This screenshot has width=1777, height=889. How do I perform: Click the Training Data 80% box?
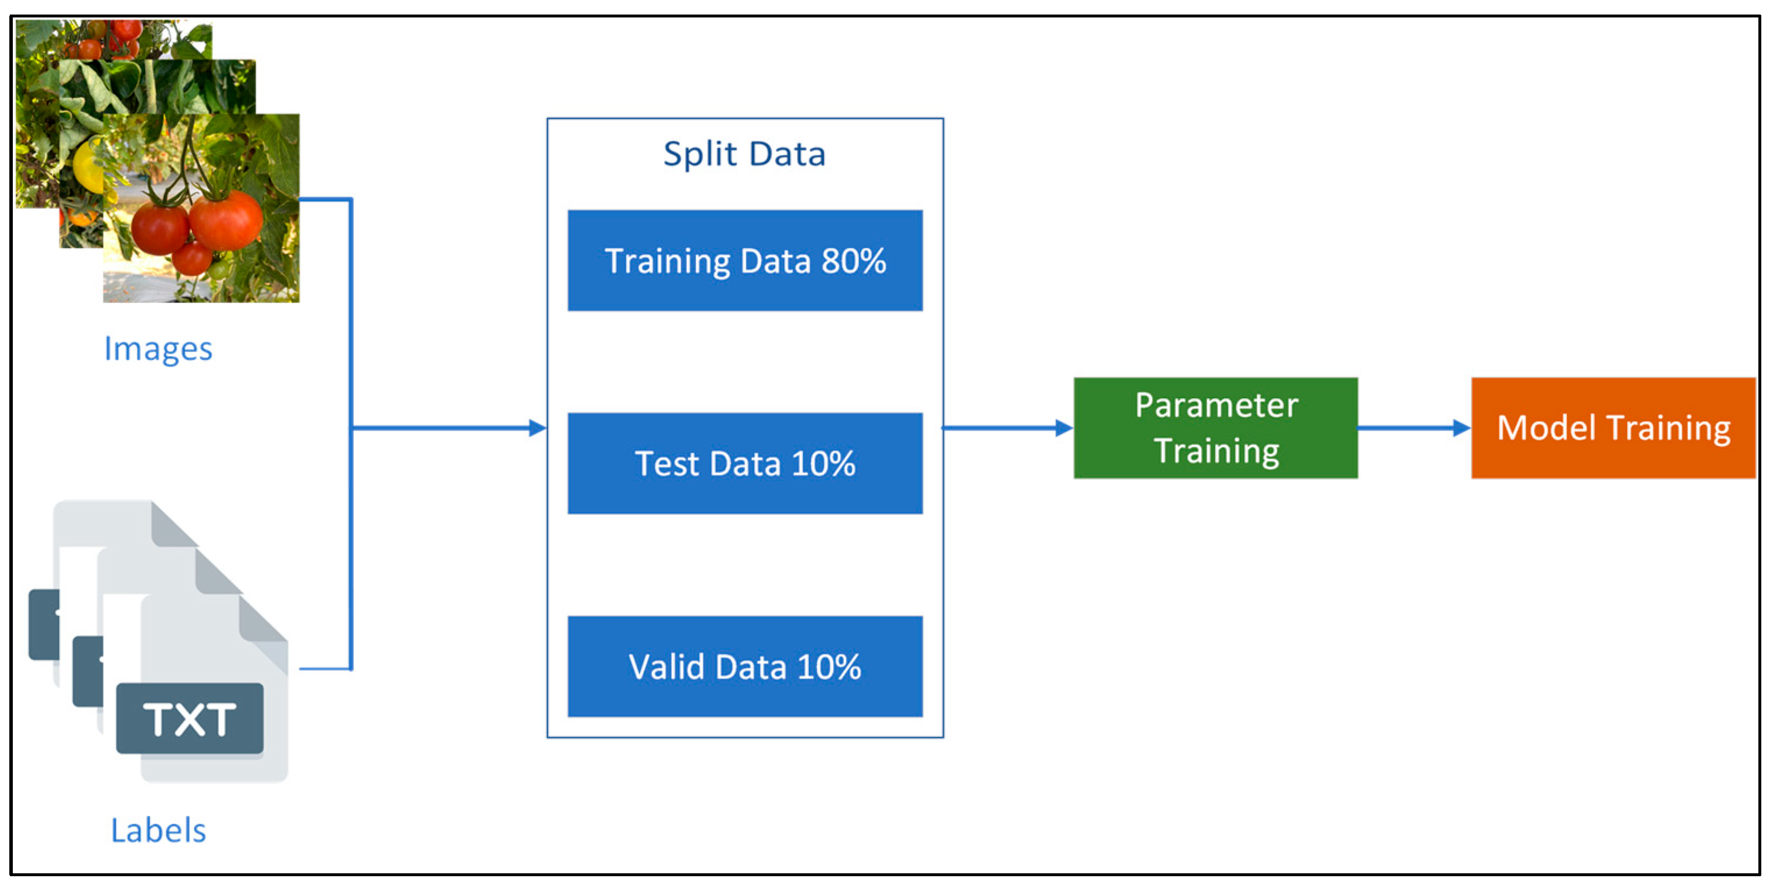tap(744, 260)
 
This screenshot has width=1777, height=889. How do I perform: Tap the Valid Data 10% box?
tap(744, 666)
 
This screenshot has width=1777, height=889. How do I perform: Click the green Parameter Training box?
tap(1215, 428)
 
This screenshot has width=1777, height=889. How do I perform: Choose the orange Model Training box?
tap(1612, 428)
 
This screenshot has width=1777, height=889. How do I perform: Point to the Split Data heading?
tap(744, 154)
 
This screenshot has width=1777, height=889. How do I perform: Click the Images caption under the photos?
tap(158, 349)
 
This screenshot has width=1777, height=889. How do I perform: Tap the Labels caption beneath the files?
tap(158, 830)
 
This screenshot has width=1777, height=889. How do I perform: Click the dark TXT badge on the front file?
tap(190, 719)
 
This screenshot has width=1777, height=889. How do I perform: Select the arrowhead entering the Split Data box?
tap(537, 428)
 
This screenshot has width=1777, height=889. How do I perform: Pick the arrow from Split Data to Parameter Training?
tap(1007, 428)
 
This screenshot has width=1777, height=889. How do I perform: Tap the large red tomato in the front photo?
tap(226, 219)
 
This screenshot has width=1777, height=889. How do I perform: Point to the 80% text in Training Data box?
tap(853, 261)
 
